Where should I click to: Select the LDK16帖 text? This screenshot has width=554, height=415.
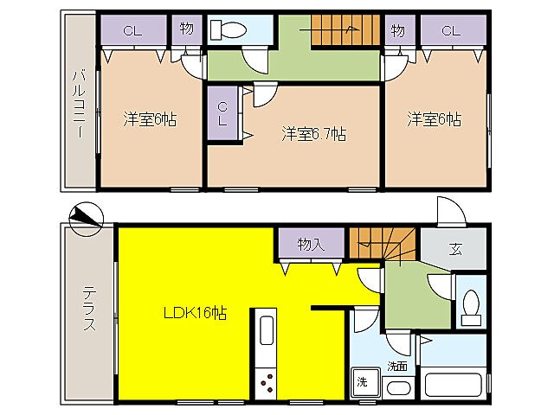pos(197,313)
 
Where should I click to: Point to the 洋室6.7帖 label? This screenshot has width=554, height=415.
pos(313,134)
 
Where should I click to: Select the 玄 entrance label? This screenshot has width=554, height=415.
pos(455,250)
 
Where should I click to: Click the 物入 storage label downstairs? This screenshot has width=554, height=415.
pos(311,245)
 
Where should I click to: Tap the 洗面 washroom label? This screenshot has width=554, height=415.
pos(397,367)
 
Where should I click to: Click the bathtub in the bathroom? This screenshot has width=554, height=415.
pos(454,383)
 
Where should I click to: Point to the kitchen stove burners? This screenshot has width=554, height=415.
pos(265,381)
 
